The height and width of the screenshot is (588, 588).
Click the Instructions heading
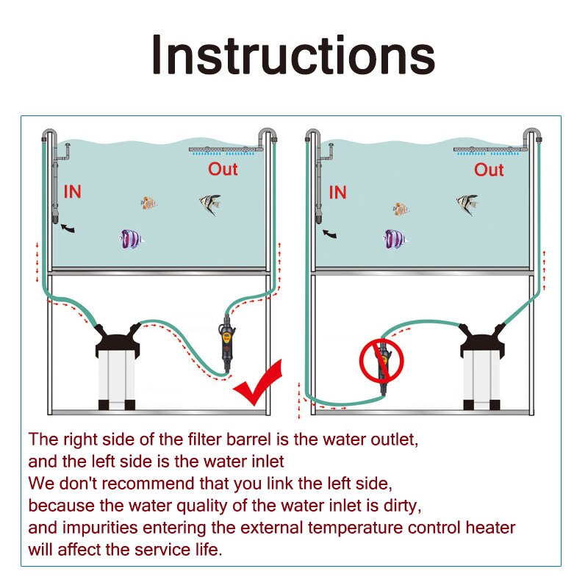pos(293,54)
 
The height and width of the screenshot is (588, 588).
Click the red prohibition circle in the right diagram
pos(381,360)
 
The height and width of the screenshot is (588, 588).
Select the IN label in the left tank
pos(72,192)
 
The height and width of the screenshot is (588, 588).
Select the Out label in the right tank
pos(489,170)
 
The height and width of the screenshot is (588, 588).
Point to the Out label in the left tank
pos(223,169)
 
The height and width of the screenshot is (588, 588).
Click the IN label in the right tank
pos(337,193)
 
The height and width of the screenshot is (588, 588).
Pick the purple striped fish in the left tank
pos(132,240)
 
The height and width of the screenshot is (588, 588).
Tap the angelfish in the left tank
pos(210,204)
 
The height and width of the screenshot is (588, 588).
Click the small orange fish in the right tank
pos(401,209)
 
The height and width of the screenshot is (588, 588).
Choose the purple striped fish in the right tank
pos(395,240)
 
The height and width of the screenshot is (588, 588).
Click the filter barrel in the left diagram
pos(117,366)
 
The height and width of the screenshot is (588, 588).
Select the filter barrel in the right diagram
pos(481,366)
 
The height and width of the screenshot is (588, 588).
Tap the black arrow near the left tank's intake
pos(68,228)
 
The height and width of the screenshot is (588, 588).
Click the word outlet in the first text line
pos(394,440)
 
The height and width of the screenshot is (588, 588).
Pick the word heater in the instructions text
pos(490,528)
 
